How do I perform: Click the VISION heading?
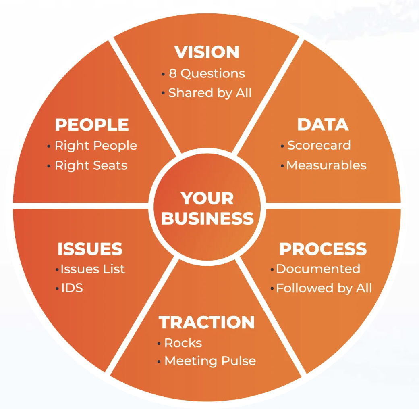[x=207, y=52]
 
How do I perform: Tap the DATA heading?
[x=323, y=125]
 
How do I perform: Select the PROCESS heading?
[x=323, y=249]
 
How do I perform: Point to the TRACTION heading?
[x=207, y=322]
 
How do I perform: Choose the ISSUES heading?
[x=90, y=249]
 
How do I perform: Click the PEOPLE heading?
[x=92, y=125]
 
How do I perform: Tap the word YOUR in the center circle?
[x=207, y=198]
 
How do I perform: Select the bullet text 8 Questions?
[x=207, y=73]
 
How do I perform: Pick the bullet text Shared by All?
[x=210, y=93]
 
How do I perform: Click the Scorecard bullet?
[x=319, y=145]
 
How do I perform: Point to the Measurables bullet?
[x=326, y=165]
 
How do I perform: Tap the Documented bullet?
[x=318, y=269]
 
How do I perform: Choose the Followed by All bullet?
[x=324, y=288]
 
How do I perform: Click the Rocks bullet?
[x=183, y=343]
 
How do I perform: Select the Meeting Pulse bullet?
[x=210, y=361]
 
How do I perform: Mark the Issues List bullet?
[x=93, y=269]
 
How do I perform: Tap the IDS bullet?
[x=72, y=288]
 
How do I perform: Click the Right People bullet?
[x=96, y=146]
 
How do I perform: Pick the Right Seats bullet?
[x=91, y=165]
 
